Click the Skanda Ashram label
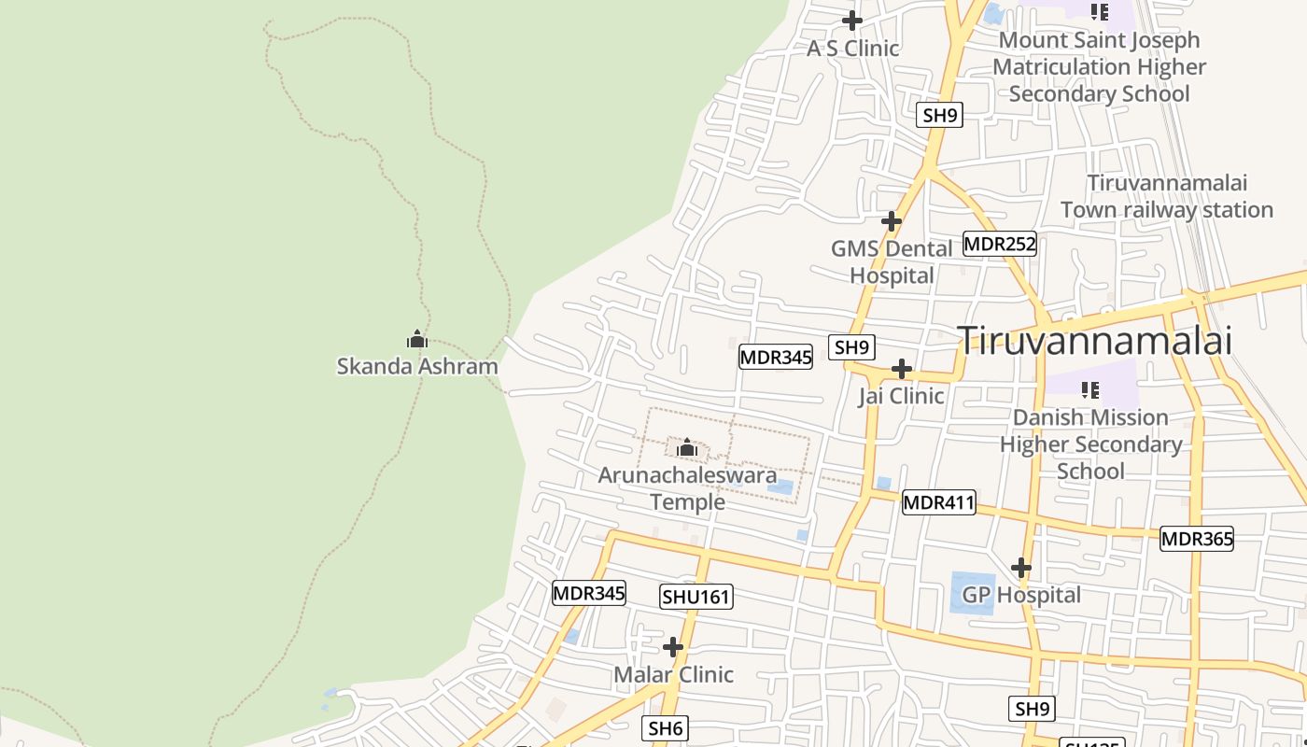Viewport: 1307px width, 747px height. pos(417,366)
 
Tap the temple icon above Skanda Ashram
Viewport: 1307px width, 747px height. pos(417,339)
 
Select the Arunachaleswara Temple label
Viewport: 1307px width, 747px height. pos(687,488)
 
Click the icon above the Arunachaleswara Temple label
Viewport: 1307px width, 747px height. pos(687,448)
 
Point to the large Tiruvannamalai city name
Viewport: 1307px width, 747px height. pos(1095,341)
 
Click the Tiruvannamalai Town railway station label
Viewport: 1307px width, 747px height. pos(1167,196)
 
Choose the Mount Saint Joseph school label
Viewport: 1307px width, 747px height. pos(1099,67)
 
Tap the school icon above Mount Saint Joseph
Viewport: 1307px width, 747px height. pos(1100,12)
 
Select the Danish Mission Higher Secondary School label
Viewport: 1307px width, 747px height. pos(1090,444)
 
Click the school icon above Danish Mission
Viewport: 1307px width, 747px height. pos(1089,389)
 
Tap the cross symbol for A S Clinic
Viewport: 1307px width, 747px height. pos(852,20)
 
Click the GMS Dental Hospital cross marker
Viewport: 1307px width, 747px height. pos(892,221)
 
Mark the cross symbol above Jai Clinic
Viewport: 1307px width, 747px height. pos(901,369)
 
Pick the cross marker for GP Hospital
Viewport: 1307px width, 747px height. pos(1021,567)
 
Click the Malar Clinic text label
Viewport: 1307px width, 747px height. pos(673,674)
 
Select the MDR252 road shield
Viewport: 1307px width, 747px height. pos(1000,245)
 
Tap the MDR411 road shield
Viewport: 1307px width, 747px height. pos(939,503)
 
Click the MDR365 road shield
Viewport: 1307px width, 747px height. pos(1197,539)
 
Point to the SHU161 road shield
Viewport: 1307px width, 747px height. pos(696,597)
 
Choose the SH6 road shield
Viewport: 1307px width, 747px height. pos(667,728)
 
